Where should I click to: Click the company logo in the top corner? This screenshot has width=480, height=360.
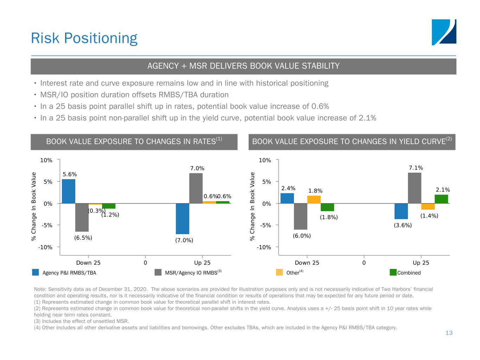point(444,32)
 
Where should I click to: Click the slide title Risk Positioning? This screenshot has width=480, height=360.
point(84,38)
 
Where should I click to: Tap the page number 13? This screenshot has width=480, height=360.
point(449,333)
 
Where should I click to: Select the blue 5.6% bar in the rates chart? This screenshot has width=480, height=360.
point(69,191)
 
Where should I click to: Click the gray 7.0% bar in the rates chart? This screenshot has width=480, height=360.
point(196,188)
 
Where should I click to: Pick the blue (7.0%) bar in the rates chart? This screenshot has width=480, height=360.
point(183,219)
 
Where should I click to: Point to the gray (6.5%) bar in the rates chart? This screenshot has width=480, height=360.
point(82,217)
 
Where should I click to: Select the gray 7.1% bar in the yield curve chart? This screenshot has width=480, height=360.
point(415,188)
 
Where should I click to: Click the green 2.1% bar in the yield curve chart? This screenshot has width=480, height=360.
point(441,199)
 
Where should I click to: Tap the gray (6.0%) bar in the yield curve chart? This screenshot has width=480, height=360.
point(301,216)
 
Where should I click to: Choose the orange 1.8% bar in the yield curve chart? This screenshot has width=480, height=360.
point(314,199)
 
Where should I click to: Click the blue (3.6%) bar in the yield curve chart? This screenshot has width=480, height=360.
point(401,211)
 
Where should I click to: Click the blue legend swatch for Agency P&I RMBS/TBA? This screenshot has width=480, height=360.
point(36,272)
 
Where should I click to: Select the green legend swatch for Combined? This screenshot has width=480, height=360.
point(393,272)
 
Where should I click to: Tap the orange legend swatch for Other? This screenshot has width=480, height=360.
point(280,272)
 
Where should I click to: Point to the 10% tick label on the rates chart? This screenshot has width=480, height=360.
point(46,160)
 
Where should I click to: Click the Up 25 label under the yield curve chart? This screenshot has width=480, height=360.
point(421,263)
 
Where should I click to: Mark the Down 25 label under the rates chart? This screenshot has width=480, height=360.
point(88,263)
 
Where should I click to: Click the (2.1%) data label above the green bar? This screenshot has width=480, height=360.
point(443,190)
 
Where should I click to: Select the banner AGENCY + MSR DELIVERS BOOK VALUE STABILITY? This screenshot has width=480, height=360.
point(243,66)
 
